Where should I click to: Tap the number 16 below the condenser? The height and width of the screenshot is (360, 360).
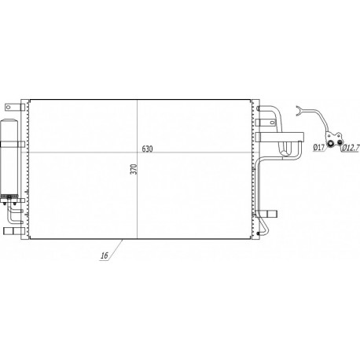click(105, 255)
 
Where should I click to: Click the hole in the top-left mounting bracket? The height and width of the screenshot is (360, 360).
click(8, 106)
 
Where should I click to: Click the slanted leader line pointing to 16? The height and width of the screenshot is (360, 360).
click(116, 247)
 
